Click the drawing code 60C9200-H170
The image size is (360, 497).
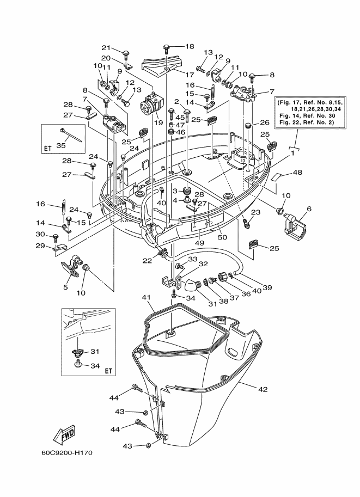(66, 453)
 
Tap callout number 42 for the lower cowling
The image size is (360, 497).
(263, 389)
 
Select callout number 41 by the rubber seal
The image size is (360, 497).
(147, 298)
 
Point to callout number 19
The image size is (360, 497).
(158, 122)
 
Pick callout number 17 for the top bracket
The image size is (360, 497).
(190, 75)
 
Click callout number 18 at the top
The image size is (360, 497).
(190, 47)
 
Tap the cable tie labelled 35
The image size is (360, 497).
(69, 135)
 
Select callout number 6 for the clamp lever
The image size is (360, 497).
(309, 208)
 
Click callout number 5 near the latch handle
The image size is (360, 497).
(66, 287)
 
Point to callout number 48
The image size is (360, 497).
(297, 173)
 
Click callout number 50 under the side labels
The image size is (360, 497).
(222, 237)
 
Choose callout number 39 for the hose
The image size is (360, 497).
(268, 287)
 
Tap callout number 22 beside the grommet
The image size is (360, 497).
(147, 261)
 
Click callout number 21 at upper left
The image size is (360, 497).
(106, 48)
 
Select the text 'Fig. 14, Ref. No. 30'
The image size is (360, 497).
(307, 116)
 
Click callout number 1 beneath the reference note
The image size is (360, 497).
(293, 153)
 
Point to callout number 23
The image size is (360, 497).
(255, 212)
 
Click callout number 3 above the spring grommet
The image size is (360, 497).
(175, 191)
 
